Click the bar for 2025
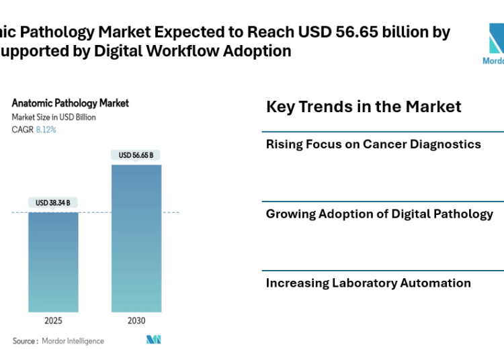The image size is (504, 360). (53, 262)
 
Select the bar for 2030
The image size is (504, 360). (136, 238)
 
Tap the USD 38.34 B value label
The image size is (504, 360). (53, 203)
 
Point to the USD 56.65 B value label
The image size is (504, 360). (136, 155)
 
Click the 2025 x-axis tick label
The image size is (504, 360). (53, 321)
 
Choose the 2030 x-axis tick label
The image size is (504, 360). (136, 321)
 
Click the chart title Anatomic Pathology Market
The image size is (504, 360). (71, 103)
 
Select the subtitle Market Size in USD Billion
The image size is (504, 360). (54, 117)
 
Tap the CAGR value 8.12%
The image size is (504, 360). (46, 130)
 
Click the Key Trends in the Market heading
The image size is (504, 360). (364, 106)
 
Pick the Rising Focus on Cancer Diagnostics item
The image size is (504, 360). (373, 144)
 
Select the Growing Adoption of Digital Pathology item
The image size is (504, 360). (379, 214)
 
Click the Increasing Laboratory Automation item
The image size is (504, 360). (368, 283)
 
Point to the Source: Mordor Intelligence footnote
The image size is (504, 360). (58, 341)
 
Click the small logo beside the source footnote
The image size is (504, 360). (154, 340)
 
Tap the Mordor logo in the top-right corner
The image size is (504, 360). (496, 44)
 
